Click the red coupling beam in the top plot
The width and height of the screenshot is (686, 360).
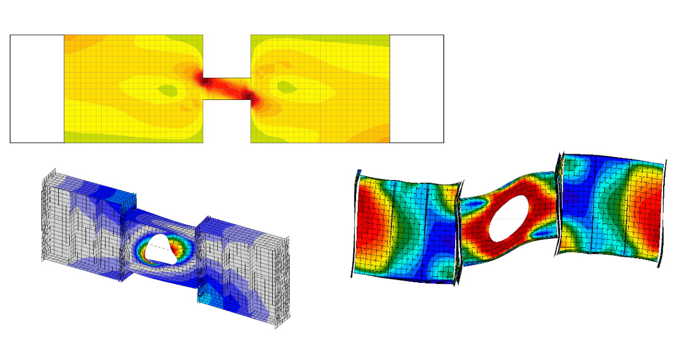pos(226,89)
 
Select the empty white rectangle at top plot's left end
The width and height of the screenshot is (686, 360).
pos(37,89)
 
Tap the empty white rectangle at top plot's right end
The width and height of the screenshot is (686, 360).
pos(417,89)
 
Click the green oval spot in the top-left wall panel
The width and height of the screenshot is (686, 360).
pos(167,89)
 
